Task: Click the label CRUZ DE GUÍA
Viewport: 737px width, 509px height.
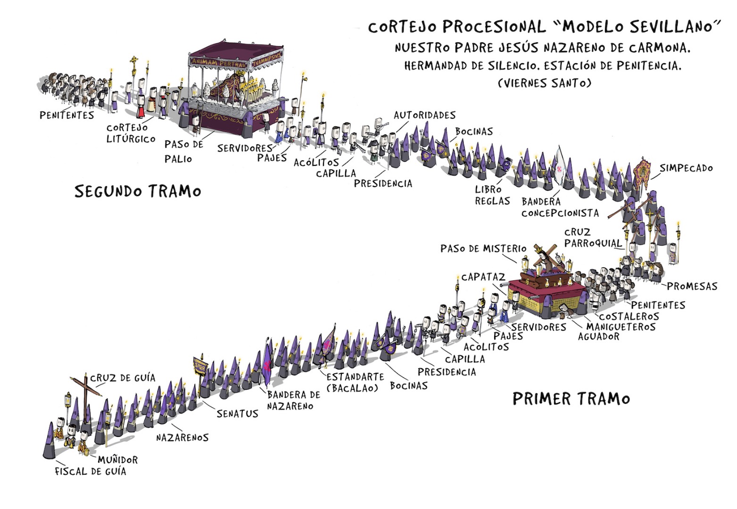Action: pyautogui.click(x=123, y=378)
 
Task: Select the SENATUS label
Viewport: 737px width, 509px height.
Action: pyautogui.click(x=237, y=414)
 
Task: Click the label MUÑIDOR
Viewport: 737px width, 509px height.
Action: pyautogui.click(x=118, y=460)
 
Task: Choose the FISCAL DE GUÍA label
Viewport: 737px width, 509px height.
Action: pyautogui.click(x=91, y=471)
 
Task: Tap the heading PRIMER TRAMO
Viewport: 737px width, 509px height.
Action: pyautogui.click(x=571, y=399)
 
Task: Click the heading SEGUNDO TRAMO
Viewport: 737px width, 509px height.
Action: pyautogui.click(x=138, y=191)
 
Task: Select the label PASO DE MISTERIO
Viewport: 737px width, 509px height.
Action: pyautogui.click(x=483, y=248)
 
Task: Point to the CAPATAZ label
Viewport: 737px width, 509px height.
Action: pyautogui.click(x=483, y=277)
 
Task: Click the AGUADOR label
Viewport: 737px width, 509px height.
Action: pyautogui.click(x=598, y=337)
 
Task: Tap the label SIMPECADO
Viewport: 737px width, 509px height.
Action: pyautogui.click(x=686, y=168)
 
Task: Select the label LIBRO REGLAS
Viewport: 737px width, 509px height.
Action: pyautogui.click(x=492, y=195)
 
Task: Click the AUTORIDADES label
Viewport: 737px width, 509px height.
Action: pyautogui.click(x=424, y=115)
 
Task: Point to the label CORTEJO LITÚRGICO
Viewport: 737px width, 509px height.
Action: pyautogui.click(x=131, y=133)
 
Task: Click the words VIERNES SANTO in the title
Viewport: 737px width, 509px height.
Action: pyautogui.click(x=544, y=83)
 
